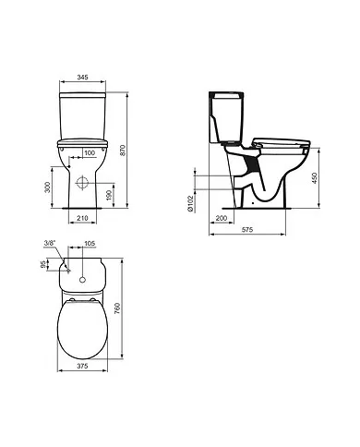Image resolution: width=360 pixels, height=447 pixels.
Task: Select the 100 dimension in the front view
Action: click(90, 153)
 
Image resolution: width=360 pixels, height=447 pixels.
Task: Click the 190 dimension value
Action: click(112, 194)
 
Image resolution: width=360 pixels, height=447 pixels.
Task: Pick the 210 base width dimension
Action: click(84, 220)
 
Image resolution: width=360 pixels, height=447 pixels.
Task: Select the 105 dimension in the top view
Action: click(90, 244)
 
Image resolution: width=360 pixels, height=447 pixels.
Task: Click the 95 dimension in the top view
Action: click(44, 264)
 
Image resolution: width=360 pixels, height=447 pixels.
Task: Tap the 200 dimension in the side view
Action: click(222, 217)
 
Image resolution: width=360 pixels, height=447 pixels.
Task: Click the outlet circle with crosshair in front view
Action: click(84, 184)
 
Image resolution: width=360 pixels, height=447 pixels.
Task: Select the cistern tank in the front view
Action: click(84, 115)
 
